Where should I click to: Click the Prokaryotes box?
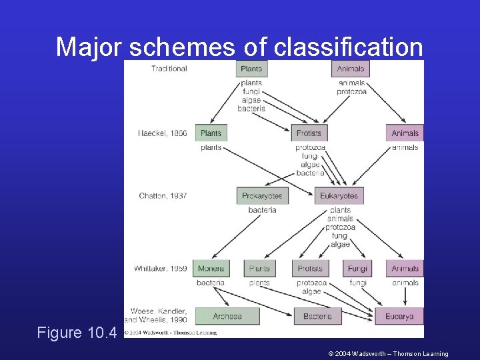[262, 196]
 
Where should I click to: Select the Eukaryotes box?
[339, 196]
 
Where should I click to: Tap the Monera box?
[211, 269]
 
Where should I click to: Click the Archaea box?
[227, 316]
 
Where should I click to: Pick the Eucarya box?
[399, 316]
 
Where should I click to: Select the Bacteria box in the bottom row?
[317, 316]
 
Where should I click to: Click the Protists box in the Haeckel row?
[309, 133]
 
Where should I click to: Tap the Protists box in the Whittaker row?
[310, 269]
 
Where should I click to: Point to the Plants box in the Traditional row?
[251, 69]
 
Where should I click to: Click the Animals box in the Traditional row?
[351, 69]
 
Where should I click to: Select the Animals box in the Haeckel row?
[405, 133]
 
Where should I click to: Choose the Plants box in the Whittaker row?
[259, 269]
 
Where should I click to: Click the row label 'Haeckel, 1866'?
[162, 133]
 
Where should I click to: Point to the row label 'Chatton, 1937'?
[163, 196]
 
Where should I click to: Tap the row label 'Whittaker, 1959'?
[160, 269]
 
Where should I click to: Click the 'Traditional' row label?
[169, 69]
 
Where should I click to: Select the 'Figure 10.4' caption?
[77, 333]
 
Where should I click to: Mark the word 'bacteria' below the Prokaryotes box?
[262, 210]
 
